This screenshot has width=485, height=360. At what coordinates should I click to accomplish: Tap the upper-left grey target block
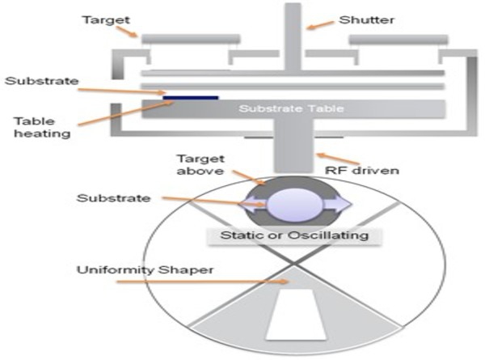191,38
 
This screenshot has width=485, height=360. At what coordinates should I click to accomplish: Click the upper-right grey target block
398,39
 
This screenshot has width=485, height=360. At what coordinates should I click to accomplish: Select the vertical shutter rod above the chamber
293,32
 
